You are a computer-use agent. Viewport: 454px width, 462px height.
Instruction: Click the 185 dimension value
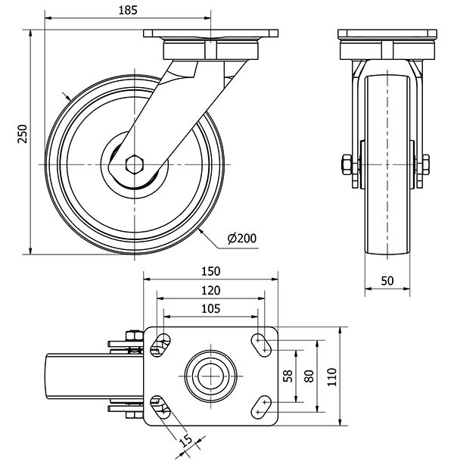click(128, 11)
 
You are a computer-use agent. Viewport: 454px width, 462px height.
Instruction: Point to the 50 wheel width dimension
click(387, 280)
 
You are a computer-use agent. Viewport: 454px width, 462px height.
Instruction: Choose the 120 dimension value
click(210, 290)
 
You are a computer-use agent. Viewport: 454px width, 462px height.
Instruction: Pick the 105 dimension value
click(210, 308)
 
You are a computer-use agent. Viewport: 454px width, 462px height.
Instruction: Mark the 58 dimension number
click(288, 376)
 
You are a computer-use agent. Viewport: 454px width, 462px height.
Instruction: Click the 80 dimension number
click(308, 376)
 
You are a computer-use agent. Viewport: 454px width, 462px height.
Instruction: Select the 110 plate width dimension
click(331, 376)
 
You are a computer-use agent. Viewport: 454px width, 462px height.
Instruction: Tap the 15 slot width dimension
click(185, 439)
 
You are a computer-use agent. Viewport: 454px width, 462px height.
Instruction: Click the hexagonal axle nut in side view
click(134, 164)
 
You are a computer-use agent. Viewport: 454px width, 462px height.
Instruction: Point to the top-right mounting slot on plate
click(261, 344)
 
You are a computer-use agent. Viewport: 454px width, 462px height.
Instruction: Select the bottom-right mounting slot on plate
click(261, 405)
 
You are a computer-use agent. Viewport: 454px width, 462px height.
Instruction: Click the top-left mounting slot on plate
click(160, 344)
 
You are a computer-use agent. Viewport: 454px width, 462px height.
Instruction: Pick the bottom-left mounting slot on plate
click(160, 405)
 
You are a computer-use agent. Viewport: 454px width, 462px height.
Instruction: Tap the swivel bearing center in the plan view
click(210, 374)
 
